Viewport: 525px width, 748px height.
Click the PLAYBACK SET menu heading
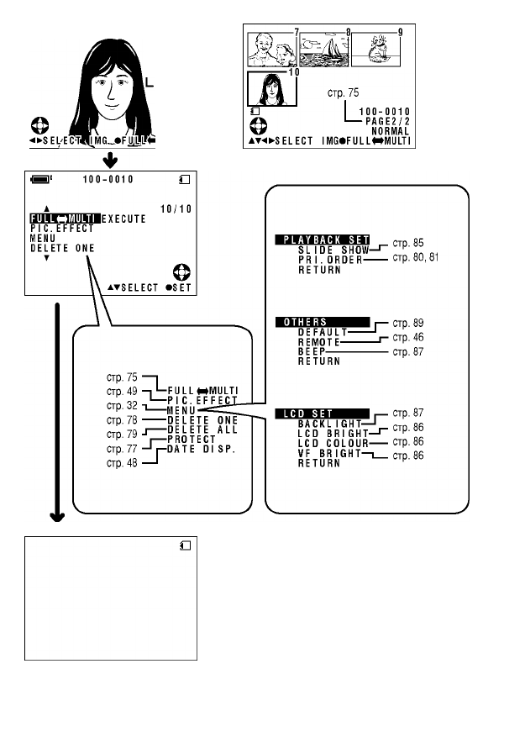323,240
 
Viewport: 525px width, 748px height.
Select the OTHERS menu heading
322,322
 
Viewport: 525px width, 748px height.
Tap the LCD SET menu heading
322,414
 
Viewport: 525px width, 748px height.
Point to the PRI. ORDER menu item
331,261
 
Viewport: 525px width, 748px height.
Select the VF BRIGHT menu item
329,454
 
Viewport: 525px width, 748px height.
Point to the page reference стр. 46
407,336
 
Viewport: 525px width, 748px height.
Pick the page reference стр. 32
123,404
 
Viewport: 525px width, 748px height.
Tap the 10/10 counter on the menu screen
176,209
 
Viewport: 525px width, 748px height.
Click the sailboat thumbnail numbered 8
324,50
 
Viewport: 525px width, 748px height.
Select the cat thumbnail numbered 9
376,50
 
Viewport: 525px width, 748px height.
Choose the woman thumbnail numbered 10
268,88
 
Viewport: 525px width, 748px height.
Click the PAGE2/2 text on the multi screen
386,121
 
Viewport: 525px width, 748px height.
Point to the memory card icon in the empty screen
186,545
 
